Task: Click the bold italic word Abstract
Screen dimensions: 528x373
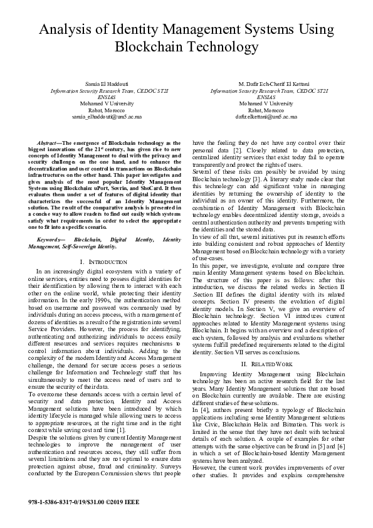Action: [50, 143]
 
